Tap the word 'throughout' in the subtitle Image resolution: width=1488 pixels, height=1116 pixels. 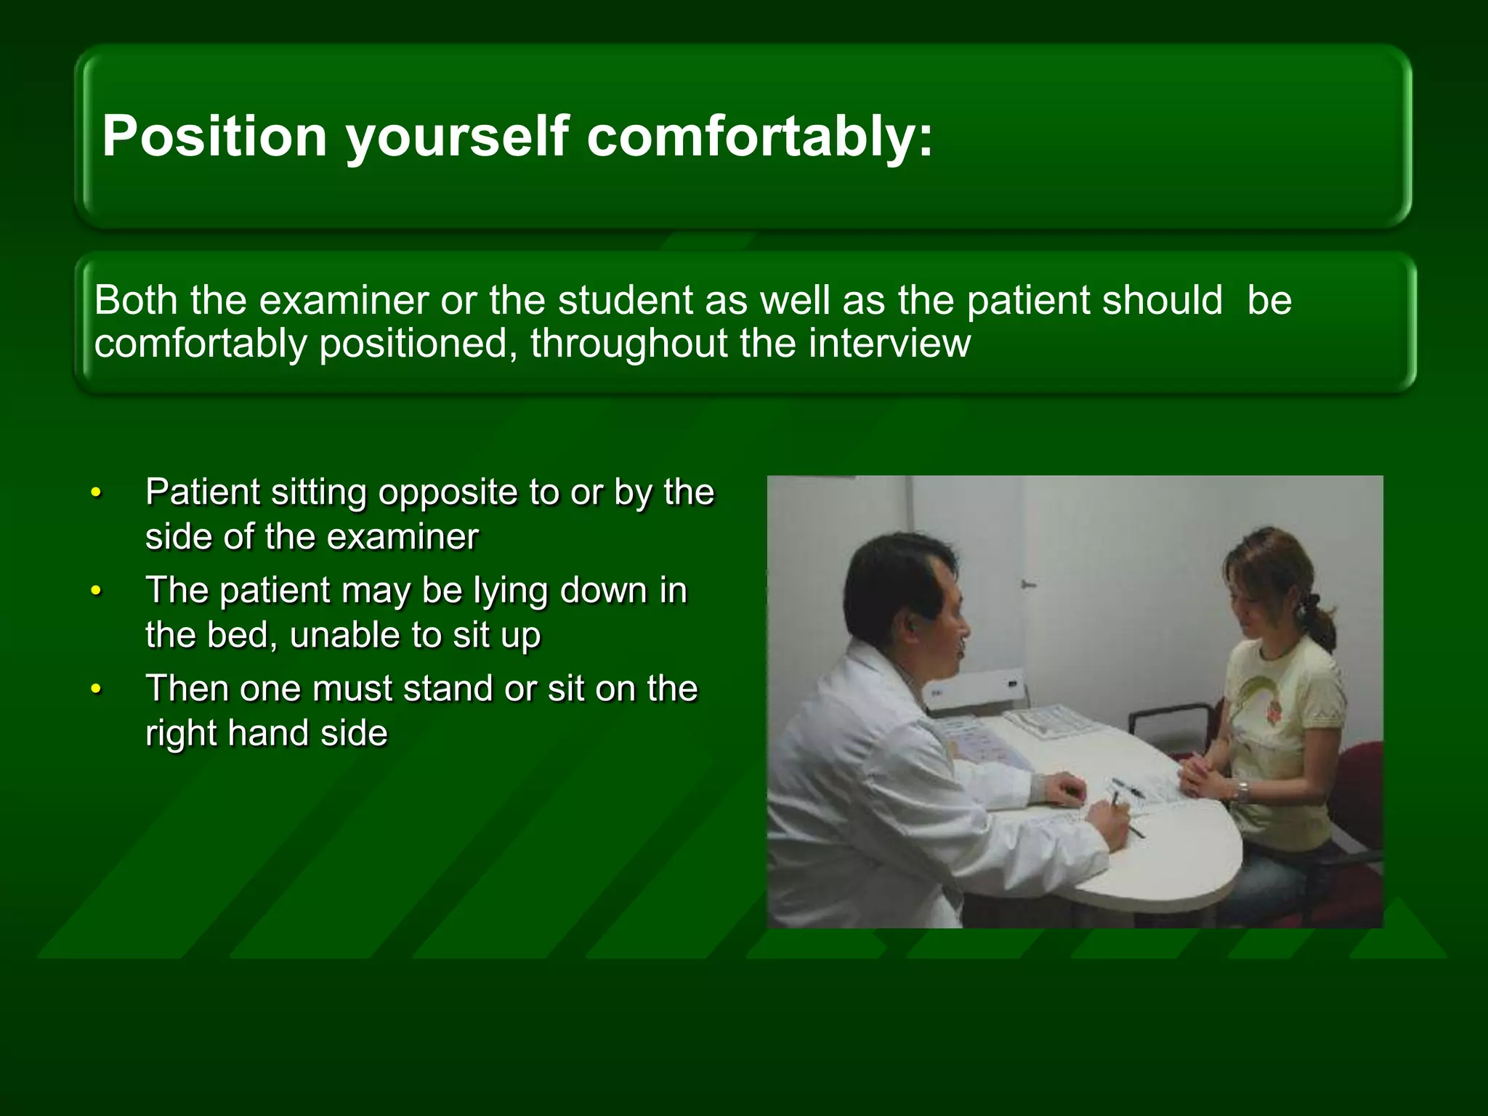pos(628,343)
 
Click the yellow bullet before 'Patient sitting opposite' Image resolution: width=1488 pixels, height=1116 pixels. pos(95,494)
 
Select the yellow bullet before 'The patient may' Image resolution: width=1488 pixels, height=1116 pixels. pos(95,591)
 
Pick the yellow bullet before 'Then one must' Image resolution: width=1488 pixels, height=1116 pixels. pos(95,690)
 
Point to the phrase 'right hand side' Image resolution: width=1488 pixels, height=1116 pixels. pos(266,732)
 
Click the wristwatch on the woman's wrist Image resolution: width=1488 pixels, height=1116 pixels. pos(1243,790)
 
